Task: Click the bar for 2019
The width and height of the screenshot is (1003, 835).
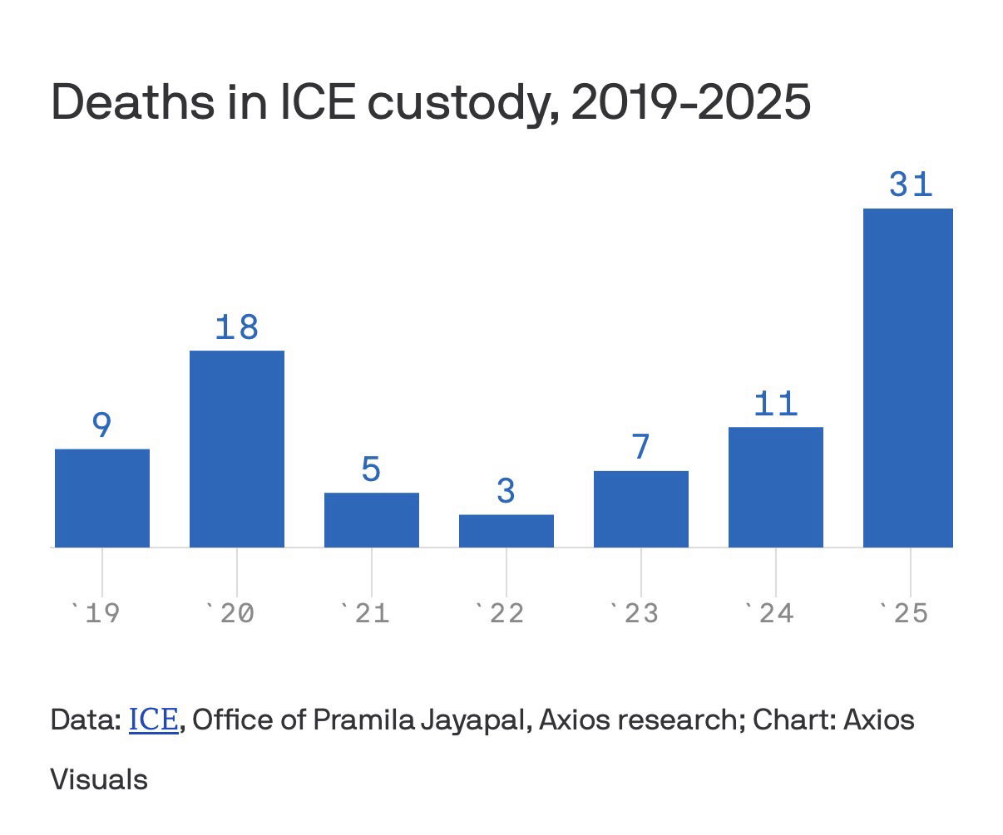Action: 102,498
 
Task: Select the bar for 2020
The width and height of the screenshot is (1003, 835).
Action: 237,449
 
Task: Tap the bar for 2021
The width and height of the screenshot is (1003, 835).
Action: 372,520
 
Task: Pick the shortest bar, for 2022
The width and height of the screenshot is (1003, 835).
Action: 506,531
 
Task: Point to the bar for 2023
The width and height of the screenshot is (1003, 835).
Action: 641,508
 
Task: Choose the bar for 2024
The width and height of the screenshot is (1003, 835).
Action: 776,487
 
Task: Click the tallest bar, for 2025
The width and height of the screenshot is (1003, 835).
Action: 908,378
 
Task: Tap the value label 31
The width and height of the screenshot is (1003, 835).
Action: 911,184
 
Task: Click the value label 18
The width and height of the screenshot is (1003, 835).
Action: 237,327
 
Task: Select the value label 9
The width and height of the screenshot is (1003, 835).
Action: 101,425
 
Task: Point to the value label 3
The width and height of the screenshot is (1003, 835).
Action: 506,491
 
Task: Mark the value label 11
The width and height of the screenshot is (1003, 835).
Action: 776,404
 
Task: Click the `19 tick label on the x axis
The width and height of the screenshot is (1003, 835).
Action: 96,614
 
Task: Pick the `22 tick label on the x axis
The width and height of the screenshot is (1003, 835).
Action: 499,614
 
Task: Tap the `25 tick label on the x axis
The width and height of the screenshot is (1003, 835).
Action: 903,614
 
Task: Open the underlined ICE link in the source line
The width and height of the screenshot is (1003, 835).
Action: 154,720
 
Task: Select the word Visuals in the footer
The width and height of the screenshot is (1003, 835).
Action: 99,780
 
